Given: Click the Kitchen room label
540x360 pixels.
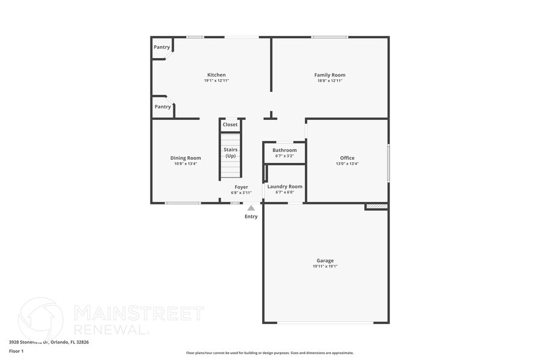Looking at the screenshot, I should coord(216,75).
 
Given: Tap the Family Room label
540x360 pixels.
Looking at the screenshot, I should coord(329,75).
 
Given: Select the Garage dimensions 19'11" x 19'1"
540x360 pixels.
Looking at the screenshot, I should coord(324,266).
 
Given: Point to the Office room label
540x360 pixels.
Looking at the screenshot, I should coord(347,158).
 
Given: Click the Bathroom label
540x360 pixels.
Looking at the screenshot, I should coord(284,150).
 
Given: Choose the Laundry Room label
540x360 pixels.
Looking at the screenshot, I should coord(285,186).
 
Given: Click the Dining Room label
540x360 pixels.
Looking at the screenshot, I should coord(186,158).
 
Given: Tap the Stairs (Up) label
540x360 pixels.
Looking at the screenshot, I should coord(230,152).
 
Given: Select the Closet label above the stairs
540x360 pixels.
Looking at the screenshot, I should coord(230,124).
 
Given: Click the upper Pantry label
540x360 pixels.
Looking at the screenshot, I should coord(162,47).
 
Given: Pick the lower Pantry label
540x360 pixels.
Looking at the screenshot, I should coord(163,107).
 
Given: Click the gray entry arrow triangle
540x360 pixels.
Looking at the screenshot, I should coord(251,208).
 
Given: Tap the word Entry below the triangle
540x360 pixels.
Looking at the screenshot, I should coord(251,217).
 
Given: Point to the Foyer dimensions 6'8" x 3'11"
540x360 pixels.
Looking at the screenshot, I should coord(241,193).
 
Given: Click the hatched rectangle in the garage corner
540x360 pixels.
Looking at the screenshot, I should coord(377,207).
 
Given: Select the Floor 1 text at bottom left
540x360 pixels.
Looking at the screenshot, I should coord(16,351).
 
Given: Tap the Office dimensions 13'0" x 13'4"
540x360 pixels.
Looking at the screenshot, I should coord(347,163).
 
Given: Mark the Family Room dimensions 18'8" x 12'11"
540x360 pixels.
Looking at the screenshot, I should coord(329,81).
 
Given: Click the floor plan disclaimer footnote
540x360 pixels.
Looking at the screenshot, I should coord(269,353).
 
